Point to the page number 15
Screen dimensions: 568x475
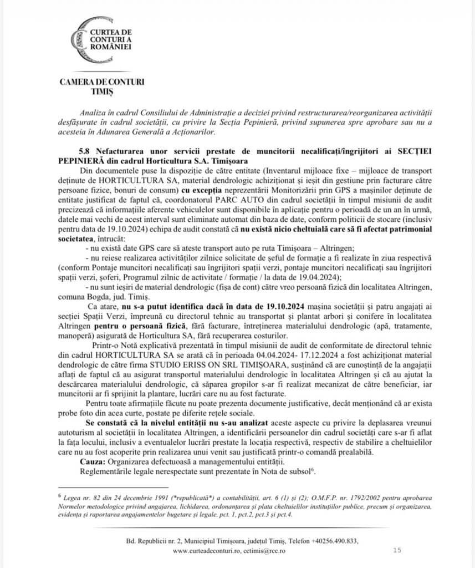tap(397, 550)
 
